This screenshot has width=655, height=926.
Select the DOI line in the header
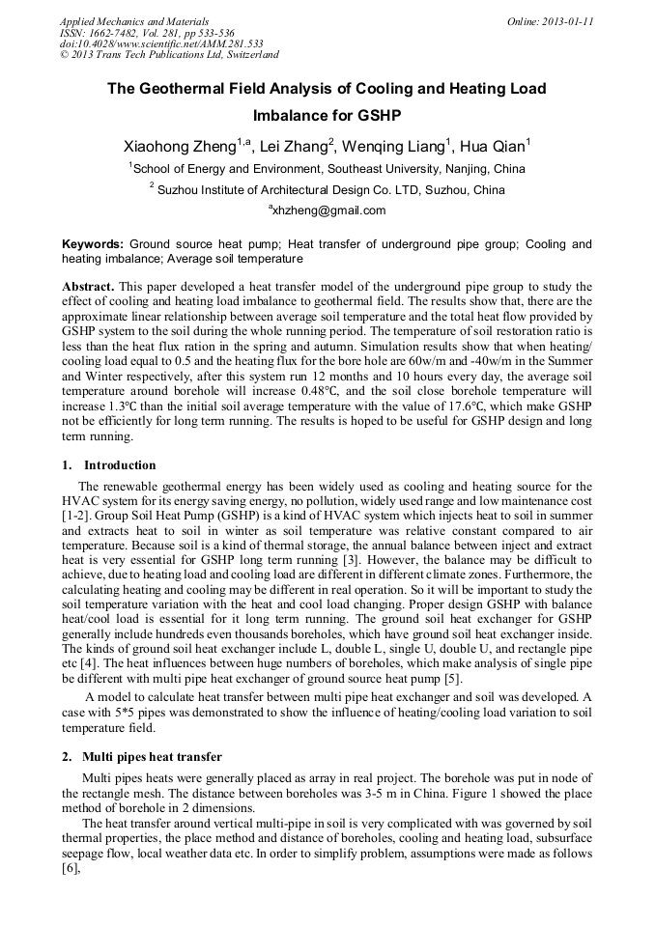pos(161,43)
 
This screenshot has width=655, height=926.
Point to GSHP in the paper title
pos(377,116)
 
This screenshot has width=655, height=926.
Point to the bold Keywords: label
pos(93,244)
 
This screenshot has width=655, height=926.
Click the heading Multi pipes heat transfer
pos(152,756)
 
